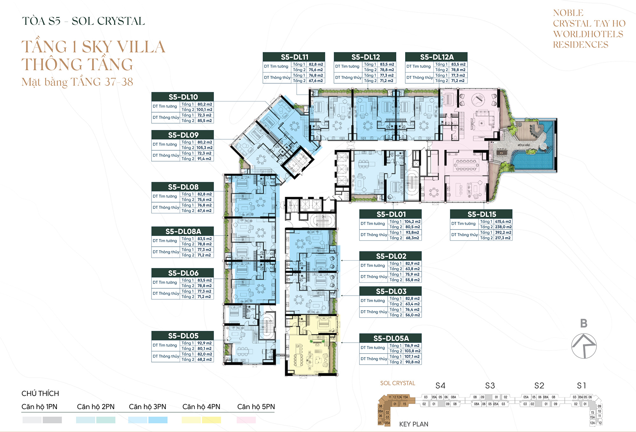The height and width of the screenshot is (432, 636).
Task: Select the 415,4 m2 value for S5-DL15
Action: point(503,222)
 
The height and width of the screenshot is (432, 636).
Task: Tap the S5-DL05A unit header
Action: point(391,338)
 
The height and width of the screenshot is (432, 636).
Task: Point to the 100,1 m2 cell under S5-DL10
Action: point(204,110)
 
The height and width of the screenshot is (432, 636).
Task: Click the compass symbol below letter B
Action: point(584,346)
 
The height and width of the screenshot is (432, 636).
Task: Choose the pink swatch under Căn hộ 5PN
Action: point(246,420)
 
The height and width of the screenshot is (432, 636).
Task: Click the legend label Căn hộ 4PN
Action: point(201,407)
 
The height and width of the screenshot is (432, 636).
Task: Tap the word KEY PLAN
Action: point(413,424)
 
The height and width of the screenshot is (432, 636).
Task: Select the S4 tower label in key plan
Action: point(440,386)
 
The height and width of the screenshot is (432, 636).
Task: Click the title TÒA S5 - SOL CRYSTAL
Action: point(83,21)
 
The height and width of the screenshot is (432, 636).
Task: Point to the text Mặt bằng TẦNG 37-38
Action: point(77,82)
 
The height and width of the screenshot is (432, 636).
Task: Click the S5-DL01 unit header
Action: point(391,214)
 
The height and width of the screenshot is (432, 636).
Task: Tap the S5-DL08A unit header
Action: point(183,231)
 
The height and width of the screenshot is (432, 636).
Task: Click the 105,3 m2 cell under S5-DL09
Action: point(204,148)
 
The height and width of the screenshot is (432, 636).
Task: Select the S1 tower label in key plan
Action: point(581,386)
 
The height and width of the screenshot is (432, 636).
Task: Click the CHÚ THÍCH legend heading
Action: point(40,394)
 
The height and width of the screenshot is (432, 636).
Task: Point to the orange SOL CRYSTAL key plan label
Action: point(397,383)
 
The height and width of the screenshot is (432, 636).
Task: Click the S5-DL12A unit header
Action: point(436,57)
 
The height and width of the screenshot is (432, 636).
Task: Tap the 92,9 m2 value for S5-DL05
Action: point(204,343)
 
